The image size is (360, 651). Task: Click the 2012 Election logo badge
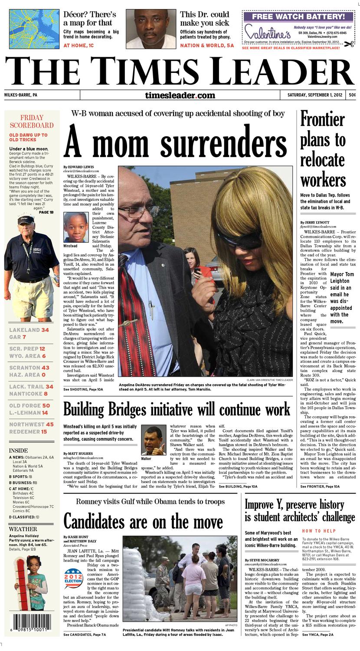tap(73, 579)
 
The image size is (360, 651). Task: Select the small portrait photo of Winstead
tap(76, 227)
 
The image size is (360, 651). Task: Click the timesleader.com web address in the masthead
tap(180, 95)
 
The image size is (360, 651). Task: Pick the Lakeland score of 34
tap(45, 330)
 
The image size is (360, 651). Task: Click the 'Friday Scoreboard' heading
tap(32, 122)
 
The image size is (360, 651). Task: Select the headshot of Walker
tap(154, 440)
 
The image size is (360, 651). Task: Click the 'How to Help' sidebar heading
tap(319, 531)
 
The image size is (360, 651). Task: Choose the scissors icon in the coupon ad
tap(349, 43)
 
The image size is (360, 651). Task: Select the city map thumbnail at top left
tap(34, 29)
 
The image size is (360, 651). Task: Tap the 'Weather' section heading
tap(23, 529)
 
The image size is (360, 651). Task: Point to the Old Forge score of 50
tap(46, 405)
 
